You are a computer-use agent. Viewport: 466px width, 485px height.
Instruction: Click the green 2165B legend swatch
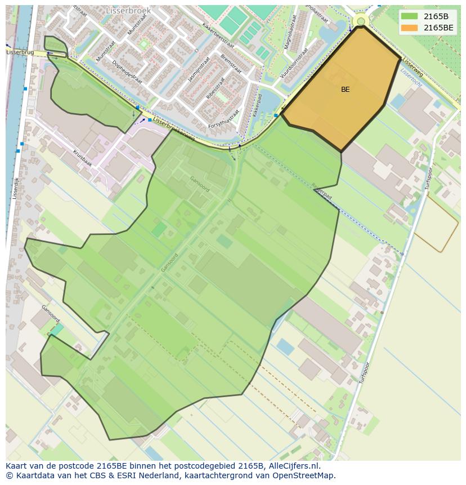(x=409, y=16)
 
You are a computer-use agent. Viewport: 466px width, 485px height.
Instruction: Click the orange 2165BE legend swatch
(x=409, y=27)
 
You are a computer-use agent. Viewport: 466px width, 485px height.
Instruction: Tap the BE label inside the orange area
(x=345, y=90)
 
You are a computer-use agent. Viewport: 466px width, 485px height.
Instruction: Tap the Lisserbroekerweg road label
(x=174, y=129)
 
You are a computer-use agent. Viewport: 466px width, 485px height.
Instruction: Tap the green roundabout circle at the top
(x=361, y=21)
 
